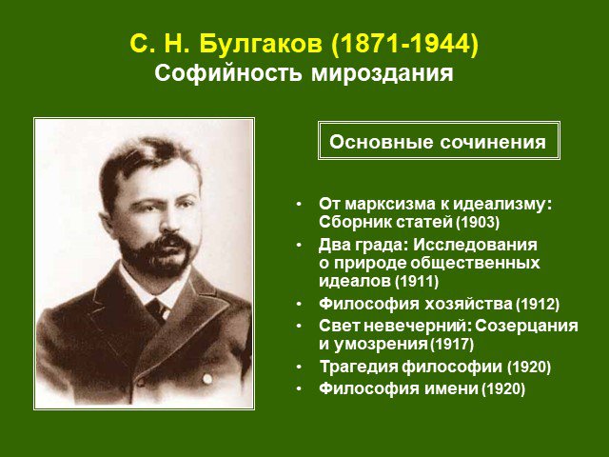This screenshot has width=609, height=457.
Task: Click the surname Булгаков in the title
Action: click(x=261, y=44)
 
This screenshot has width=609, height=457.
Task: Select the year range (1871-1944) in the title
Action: click(x=404, y=45)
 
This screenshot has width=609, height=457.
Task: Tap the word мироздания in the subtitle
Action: click(x=383, y=73)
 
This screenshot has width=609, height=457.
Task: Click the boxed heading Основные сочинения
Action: click(x=438, y=142)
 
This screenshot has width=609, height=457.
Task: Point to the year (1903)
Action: click(x=478, y=222)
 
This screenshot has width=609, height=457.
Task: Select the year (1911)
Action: click(x=417, y=281)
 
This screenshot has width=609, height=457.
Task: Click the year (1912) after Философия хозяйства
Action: click(x=538, y=304)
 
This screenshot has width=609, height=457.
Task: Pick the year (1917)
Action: click(x=452, y=345)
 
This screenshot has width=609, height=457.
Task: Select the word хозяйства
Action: click(x=468, y=304)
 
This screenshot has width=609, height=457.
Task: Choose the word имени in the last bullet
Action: click(x=451, y=388)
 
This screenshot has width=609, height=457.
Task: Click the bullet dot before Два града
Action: click(x=299, y=245)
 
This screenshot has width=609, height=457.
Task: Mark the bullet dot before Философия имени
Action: click(x=299, y=388)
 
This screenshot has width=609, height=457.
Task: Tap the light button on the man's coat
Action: click(x=207, y=379)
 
